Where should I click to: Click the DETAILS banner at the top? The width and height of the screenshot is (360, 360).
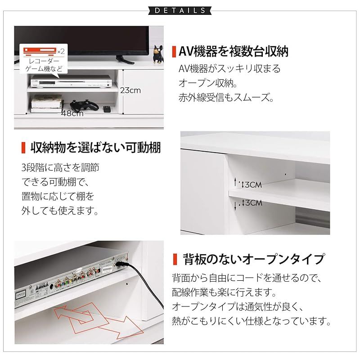pos(180,10)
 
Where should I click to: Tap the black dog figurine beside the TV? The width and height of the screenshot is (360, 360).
pos(158,54)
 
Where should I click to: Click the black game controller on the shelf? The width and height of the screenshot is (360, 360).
pos(84,106)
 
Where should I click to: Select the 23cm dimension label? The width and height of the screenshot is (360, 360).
pos(130,90)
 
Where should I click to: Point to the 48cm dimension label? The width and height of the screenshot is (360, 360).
pos(72,113)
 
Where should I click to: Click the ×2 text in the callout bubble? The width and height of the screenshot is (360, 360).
pos(61,51)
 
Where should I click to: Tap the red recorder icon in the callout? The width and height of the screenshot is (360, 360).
pos(40,51)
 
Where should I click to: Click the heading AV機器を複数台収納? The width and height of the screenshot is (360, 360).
pos(234,51)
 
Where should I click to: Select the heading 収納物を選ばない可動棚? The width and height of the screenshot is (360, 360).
pos(95,148)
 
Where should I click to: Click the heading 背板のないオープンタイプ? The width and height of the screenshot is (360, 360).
pos(254,259)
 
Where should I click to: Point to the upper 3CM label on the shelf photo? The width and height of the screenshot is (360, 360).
pos(252,184)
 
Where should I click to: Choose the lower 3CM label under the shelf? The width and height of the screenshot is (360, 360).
pos(252,203)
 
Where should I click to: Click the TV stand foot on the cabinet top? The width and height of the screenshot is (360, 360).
pos(125,60)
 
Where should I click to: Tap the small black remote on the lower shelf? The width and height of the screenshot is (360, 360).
pos(107,109)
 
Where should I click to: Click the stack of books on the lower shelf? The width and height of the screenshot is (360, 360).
pos(47,104)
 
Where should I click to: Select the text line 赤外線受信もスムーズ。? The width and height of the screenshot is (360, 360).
pos(226,97)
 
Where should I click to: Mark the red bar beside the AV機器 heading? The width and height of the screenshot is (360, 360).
pos(174,52)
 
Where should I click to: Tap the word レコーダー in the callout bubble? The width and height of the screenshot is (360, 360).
pos(44,61)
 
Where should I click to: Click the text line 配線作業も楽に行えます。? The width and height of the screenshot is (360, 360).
pos(224,292)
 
